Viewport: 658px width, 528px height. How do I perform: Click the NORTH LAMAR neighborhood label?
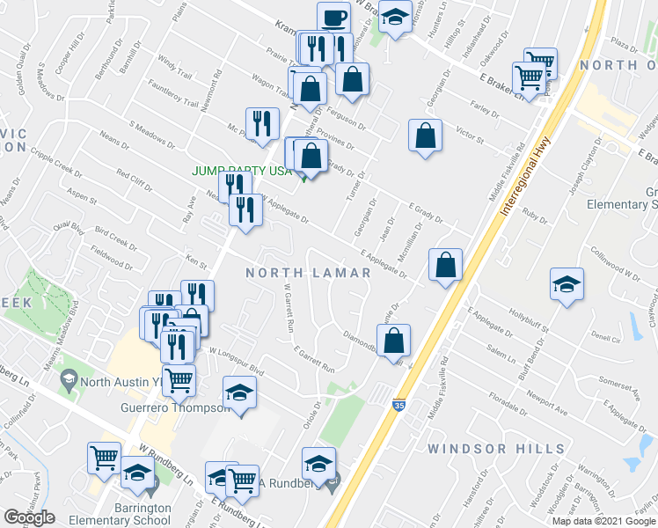(x=308, y=273)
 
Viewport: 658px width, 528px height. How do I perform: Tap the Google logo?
(x=29, y=517)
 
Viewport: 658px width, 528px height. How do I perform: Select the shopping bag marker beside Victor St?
(x=425, y=136)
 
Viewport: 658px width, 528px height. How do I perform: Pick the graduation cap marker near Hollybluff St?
(x=567, y=284)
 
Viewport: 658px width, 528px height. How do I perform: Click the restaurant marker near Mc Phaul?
(x=260, y=123)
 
